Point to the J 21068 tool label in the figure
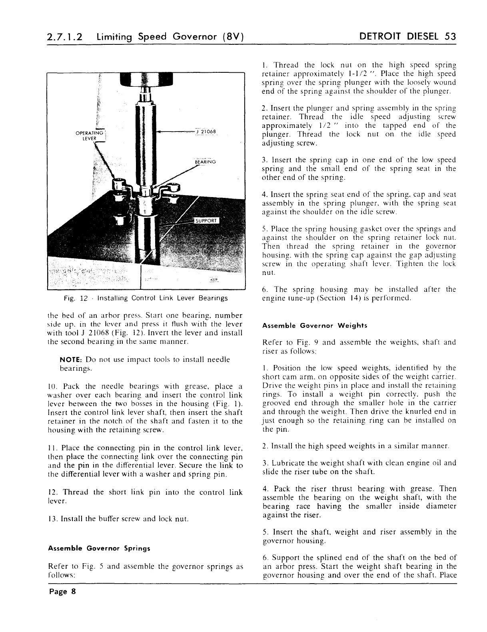coord(207,132)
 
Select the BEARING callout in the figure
coord(205,162)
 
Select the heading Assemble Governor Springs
coord(99,548)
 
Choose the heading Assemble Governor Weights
coord(314,325)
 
